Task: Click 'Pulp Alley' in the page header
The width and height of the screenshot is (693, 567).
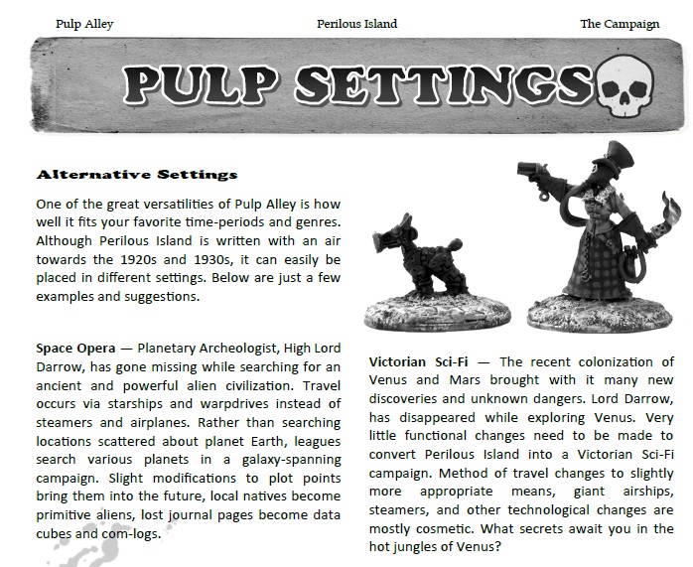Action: point(84,23)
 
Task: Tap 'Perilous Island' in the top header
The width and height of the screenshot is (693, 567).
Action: point(356,23)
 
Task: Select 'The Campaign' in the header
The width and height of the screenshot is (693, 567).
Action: point(620,23)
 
